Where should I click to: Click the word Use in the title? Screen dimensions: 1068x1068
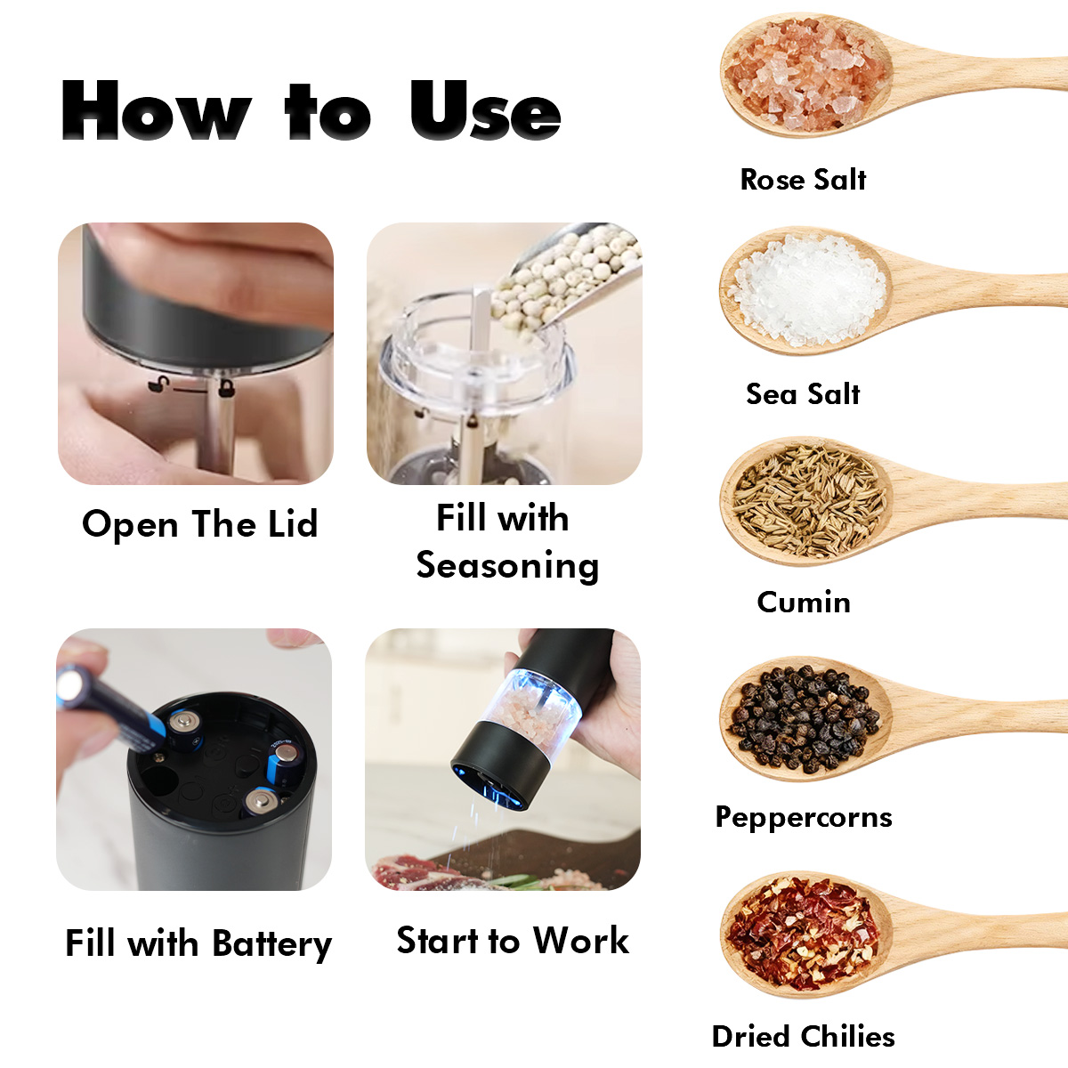486,109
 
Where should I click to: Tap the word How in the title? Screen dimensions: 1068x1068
156,109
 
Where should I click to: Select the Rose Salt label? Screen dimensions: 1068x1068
803,180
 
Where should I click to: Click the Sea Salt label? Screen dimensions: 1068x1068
803,394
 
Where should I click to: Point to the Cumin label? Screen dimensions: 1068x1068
804,602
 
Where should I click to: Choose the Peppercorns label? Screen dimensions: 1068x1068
804,817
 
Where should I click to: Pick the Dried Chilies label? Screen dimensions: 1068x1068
803,1037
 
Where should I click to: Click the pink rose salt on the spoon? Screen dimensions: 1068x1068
805,75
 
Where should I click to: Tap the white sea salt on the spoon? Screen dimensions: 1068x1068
807,289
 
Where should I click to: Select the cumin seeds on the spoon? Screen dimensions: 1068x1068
808,502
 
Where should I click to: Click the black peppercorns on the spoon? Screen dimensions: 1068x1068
805,718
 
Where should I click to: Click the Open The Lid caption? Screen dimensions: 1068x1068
200,523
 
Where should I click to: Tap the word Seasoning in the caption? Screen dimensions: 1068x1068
507,566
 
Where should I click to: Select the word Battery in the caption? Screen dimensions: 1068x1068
272,944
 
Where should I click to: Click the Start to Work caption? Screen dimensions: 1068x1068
514,941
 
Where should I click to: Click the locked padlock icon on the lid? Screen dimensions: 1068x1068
225,388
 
